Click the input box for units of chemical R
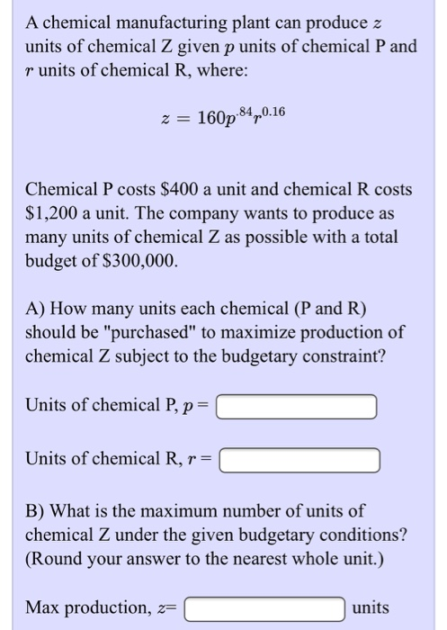click(x=299, y=461)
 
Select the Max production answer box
click(x=264, y=608)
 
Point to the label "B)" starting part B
click(x=38, y=511)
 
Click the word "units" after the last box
click(x=371, y=607)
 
